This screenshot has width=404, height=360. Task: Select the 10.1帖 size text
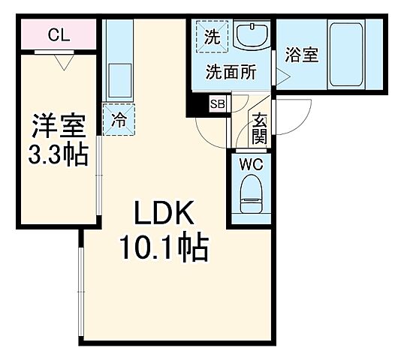click(x=164, y=248)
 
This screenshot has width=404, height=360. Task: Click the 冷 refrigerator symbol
click(x=118, y=118)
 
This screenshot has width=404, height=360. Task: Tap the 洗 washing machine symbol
click(x=213, y=37)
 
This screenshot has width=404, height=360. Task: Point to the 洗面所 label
click(x=231, y=73)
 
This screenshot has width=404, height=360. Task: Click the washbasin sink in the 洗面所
click(x=252, y=35)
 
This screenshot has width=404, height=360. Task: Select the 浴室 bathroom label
click(x=302, y=56)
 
